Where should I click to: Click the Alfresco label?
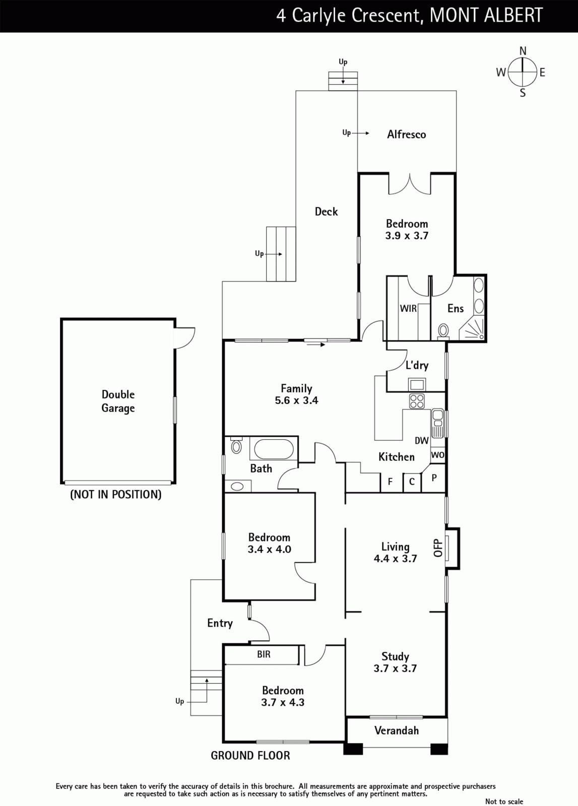click(x=406, y=134)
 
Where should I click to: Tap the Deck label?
click(x=326, y=211)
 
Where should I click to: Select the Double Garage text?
click(x=118, y=401)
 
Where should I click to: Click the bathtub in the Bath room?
click(x=274, y=449)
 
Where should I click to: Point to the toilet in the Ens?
click(x=443, y=330)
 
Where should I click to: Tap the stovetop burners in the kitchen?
click(x=417, y=401)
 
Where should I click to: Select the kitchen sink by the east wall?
click(x=437, y=423)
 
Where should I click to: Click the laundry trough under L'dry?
click(x=417, y=384)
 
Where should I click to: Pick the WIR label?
click(x=408, y=308)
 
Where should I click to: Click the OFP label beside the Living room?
click(x=437, y=548)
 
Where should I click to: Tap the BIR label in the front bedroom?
click(x=264, y=654)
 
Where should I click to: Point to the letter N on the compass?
click(x=523, y=51)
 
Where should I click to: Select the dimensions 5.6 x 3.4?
click(x=296, y=400)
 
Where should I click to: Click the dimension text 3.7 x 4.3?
click(x=283, y=702)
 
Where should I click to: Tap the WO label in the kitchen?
click(x=437, y=455)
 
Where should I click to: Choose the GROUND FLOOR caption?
click(x=250, y=755)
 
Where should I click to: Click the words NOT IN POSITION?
click(x=116, y=494)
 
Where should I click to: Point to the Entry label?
click(x=220, y=623)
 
